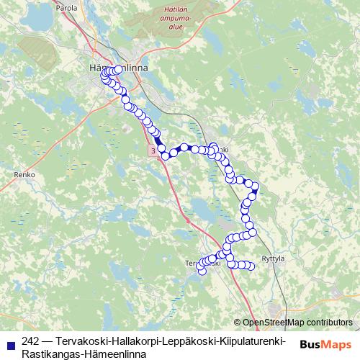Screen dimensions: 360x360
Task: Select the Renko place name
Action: pyautogui.click(x=24, y=174)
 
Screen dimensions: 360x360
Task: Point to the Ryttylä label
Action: pyautogui.click(x=273, y=258)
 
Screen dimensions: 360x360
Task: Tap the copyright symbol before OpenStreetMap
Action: pyautogui.click(x=238, y=323)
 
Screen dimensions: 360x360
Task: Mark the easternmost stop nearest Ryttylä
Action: pyautogui.click(x=251, y=266)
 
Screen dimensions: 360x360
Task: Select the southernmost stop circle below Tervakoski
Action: pyautogui.click(x=202, y=271)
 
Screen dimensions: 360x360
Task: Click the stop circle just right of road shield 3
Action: pyautogui.click(x=165, y=156)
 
